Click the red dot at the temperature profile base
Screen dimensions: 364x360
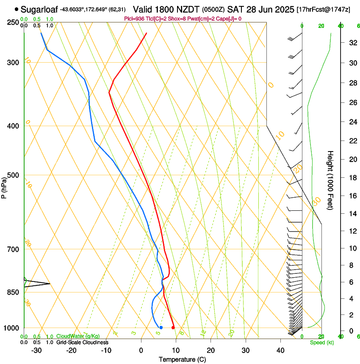(x=173, y=328)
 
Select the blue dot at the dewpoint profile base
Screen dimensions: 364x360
(x=161, y=328)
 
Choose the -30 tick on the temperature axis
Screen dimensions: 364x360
(x=36, y=350)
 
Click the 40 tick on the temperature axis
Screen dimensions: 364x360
(x=280, y=350)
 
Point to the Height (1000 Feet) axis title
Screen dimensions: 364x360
(x=330, y=180)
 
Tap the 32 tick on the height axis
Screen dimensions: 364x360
(x=352, y=43)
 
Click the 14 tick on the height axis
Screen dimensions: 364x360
(x=352, y=214)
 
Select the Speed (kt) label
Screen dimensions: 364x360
(x=322, y=342)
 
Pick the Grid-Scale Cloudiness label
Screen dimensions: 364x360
(x=82, y=342)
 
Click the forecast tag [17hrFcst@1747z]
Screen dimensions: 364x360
(x=324, y=9)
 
